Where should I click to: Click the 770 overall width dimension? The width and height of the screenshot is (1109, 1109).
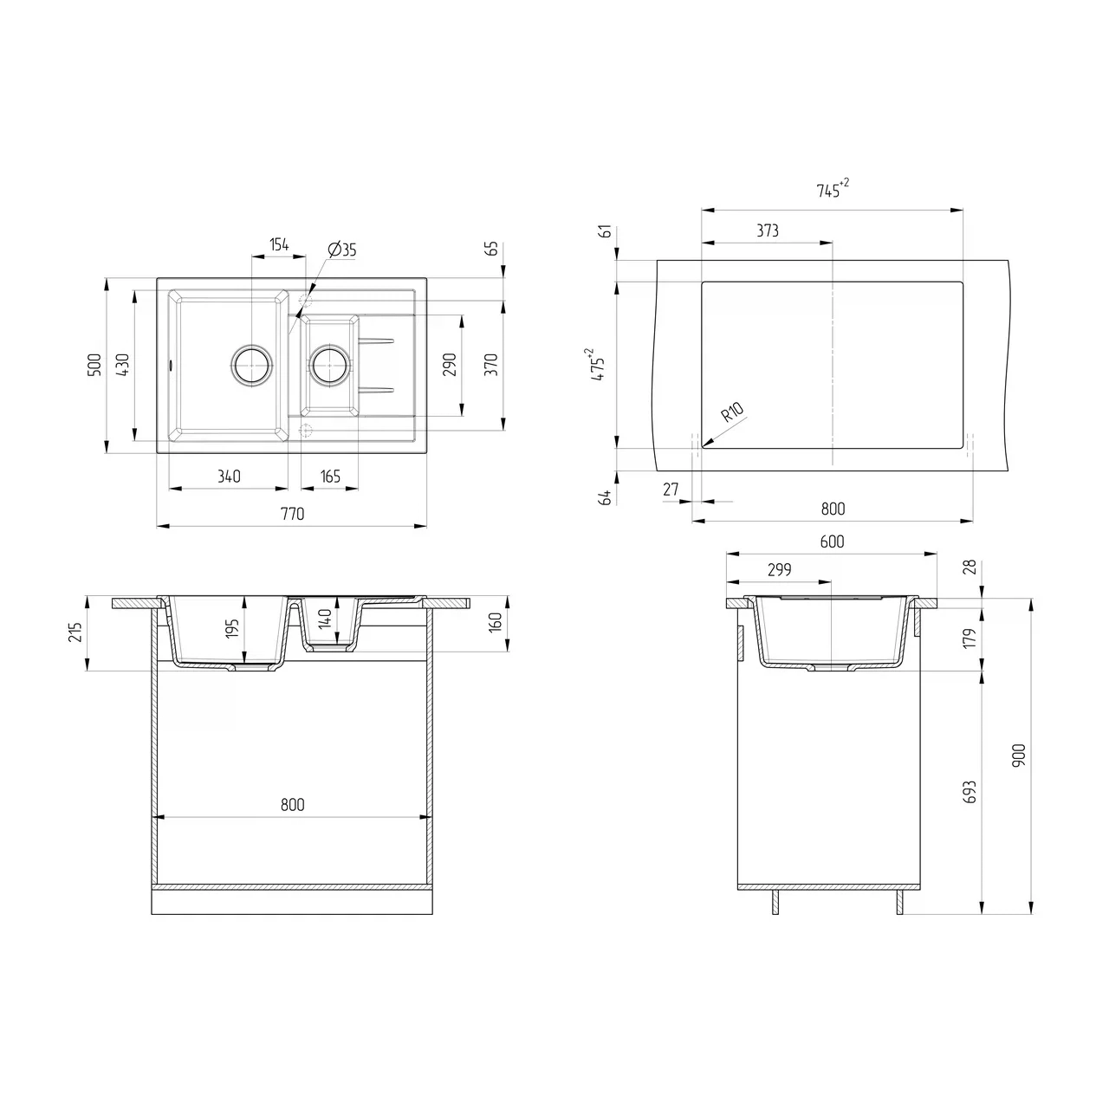tap(292, 514)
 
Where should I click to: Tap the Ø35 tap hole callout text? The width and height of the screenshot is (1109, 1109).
tap(342, 250)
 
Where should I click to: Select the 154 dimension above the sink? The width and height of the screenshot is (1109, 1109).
tap(279, 244)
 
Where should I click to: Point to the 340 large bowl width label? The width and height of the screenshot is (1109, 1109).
tap(229, 477)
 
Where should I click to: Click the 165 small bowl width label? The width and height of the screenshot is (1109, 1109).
tap(330, 477)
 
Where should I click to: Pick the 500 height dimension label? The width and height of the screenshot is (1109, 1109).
tap(94, 366)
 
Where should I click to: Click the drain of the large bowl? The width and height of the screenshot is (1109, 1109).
tap(251, 366)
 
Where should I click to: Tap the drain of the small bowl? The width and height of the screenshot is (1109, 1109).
tap(329, 366)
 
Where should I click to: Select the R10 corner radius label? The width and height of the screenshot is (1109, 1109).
tap(732, 412)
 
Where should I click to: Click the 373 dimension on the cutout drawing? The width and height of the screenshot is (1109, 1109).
tap(768, 230)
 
